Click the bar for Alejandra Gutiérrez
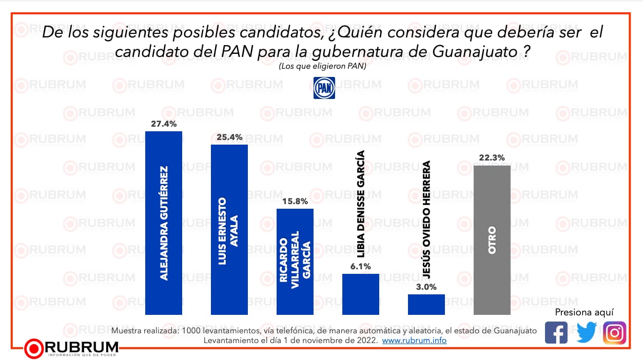(164, 223)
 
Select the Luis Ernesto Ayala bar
(229, 229)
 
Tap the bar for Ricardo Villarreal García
(295, 261)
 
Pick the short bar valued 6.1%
(361, 294)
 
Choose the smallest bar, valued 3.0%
(426, 304)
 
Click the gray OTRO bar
(492, 239)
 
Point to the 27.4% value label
(164, 124)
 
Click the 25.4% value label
(229, 137)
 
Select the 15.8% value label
(295, 201)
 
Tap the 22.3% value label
(492, 158)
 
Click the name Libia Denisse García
(361, 204)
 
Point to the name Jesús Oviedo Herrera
(426, 219)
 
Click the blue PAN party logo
(324, 88)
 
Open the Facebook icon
(556, 332)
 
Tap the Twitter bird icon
(586, 332)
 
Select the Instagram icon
(614, 332)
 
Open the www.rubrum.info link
(414, 341)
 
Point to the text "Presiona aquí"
(584, 312)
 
